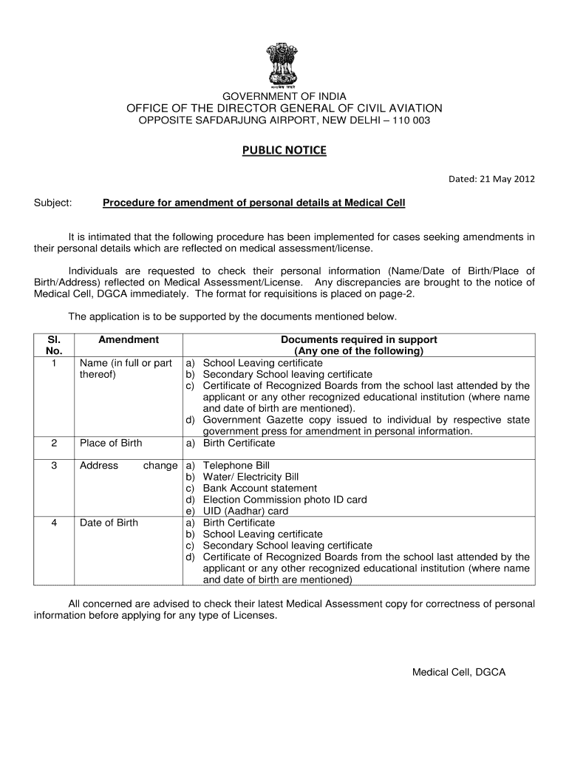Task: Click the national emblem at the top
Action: (284, 63)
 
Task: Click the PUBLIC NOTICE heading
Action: (284, 151)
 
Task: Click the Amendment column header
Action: (129, 340)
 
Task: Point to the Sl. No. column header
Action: (54, 345)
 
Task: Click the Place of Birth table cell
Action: (111, 443)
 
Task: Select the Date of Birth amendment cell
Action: (109, 523)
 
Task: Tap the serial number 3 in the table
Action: (54, 466)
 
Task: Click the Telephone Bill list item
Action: (236, 466)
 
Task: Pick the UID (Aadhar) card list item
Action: (245, 511)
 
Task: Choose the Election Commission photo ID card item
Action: (284, 500)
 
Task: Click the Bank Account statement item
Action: (259, 489)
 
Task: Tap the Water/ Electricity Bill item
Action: (251, 477)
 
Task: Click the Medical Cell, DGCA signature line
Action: (458, 672)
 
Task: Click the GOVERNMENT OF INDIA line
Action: (284, 96)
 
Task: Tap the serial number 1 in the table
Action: (54, 363)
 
